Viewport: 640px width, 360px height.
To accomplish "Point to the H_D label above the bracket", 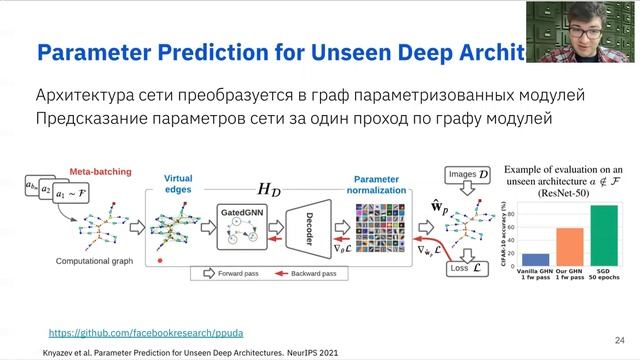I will click(x=269, y=187).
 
